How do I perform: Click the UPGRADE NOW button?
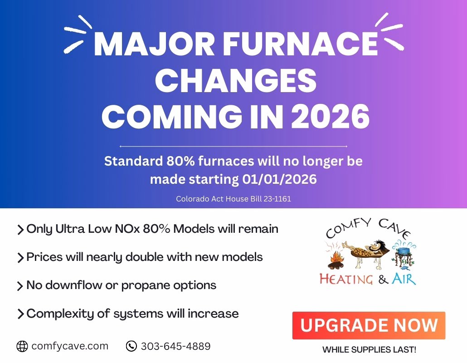[x=369, y=325]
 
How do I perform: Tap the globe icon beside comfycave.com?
[x=22, y=346]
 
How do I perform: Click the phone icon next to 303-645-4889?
[x=131, y=346]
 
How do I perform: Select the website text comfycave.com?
[x=70, y=346]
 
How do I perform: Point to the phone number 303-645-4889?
[x=176, y=346]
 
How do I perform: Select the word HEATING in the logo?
[x=346, y=279]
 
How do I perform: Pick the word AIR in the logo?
[x=404, y=279]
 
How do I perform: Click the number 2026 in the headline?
[x=330, y=117]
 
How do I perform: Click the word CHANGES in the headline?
[x=236, y=80]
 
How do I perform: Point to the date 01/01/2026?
[x=279, y=179]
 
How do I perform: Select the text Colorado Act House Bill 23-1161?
[x=233, y=199]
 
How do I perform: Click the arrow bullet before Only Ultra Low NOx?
[x=20, y=230]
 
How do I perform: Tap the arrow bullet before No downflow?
[x=20, y=286]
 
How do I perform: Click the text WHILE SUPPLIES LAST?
[x=370, y=349]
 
